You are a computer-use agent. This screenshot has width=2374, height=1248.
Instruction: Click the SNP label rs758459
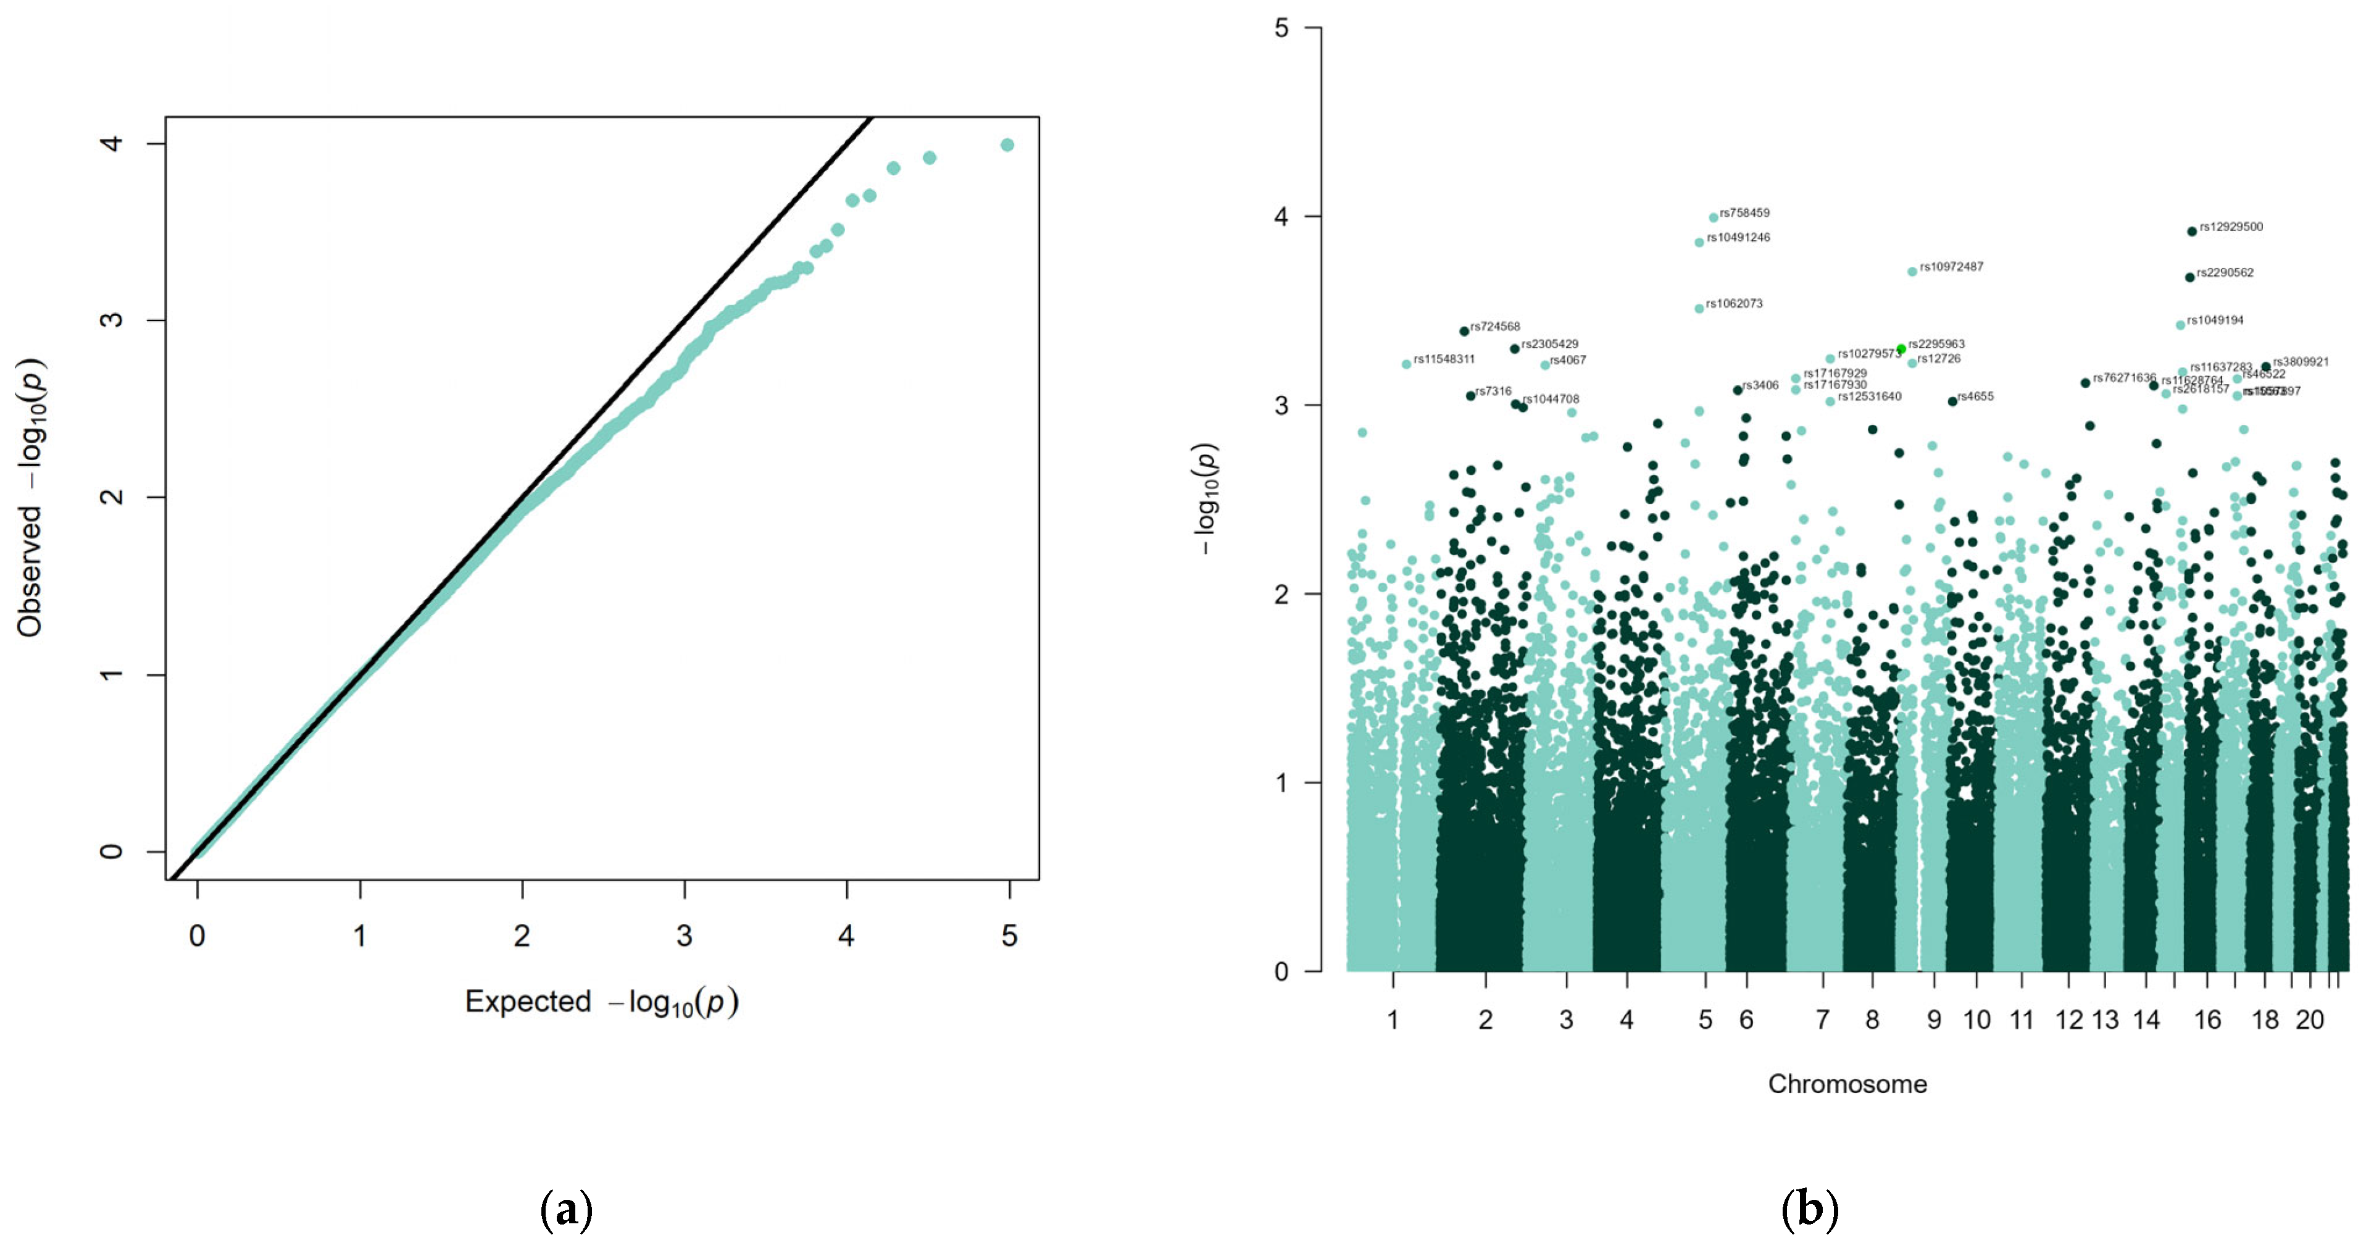[1744, 213]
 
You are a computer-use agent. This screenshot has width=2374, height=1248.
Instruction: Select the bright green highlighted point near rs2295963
[1901, 348]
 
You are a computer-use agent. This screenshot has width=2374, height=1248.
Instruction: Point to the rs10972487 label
[1951, 266]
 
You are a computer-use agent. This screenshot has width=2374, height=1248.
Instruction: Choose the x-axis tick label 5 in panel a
[1009, 936]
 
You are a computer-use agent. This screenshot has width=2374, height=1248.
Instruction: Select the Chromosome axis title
[1847, 1084]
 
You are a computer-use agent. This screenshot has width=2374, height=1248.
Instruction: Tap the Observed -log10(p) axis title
[30, 498]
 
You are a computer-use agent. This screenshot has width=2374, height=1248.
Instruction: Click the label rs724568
[1495, 326]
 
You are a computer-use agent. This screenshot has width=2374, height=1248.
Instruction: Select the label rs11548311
[1444, 359]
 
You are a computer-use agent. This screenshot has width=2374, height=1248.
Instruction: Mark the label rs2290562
[2225, 273]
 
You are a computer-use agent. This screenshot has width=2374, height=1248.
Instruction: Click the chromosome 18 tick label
[2264, 1020]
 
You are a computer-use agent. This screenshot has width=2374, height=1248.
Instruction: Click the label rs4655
[1975, 396]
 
